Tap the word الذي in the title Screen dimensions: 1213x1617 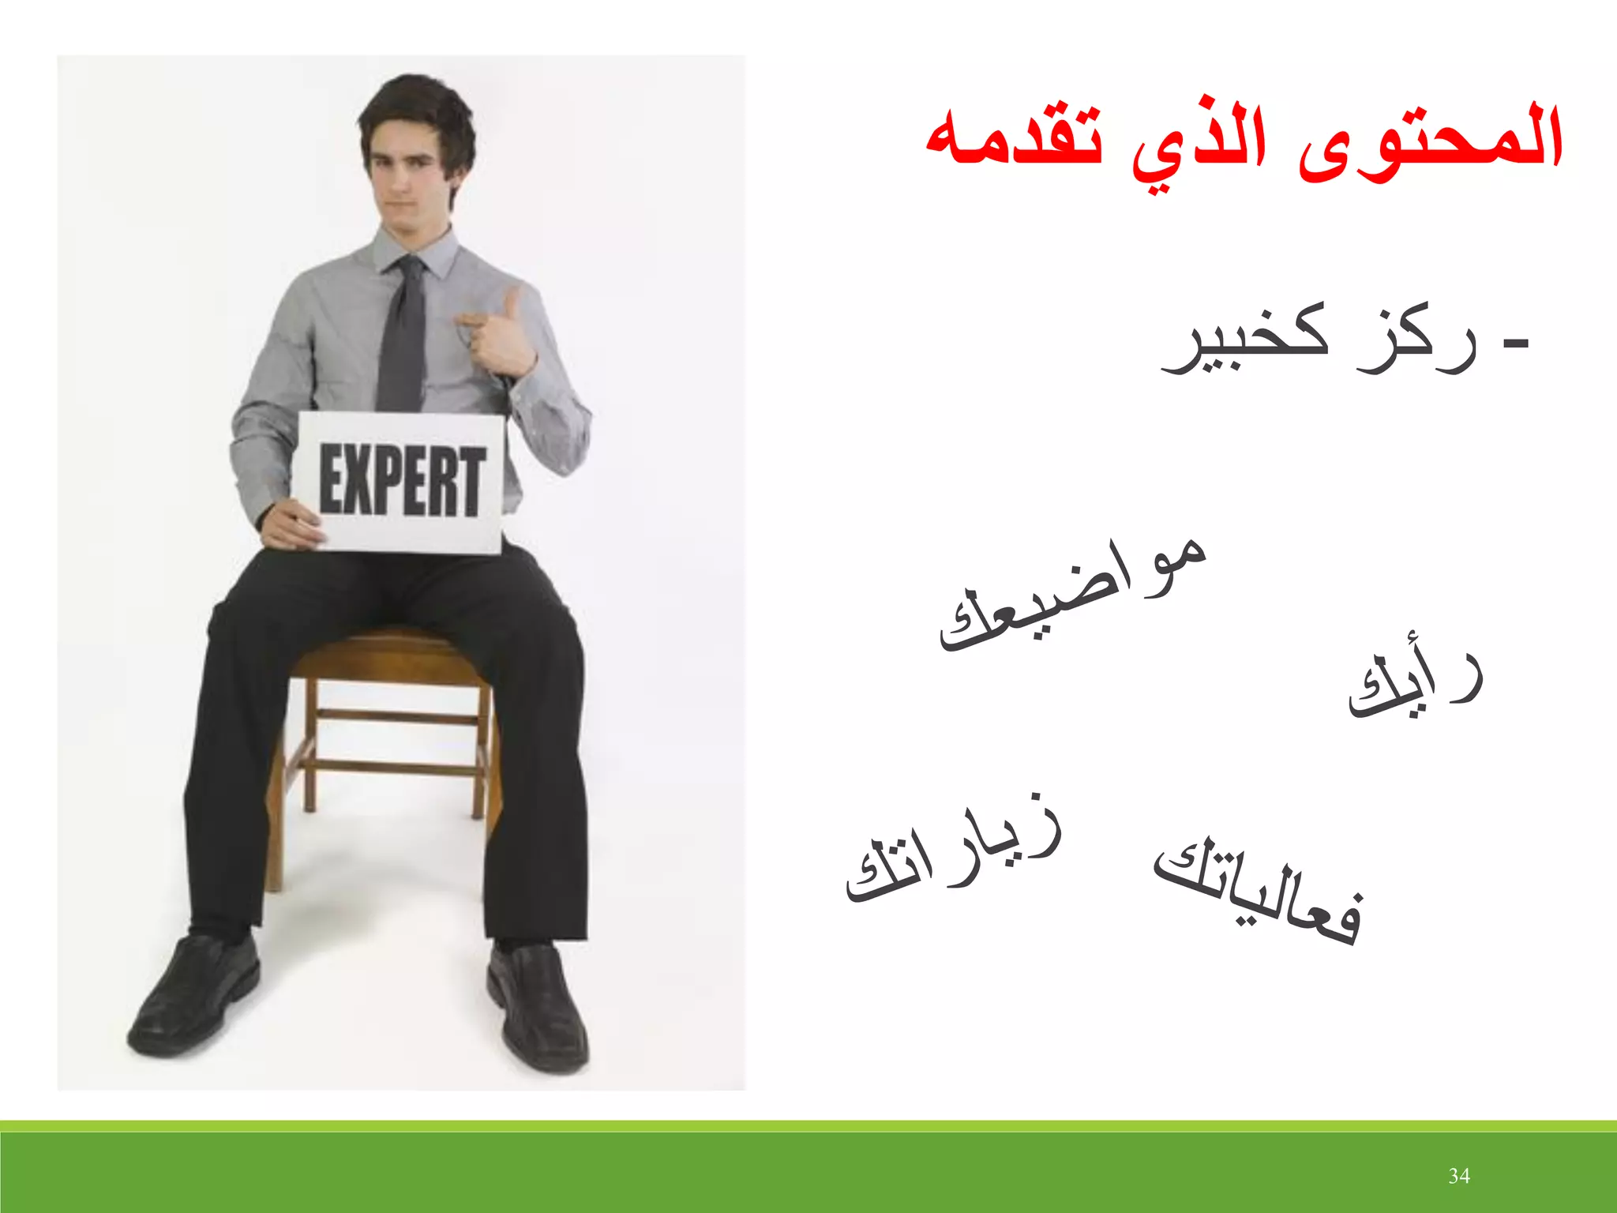[1200, 146]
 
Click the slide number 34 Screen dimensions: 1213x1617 [1458, 1176]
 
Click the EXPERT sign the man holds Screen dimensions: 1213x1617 [400, 482]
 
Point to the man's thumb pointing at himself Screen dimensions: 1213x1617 [512, 304]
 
